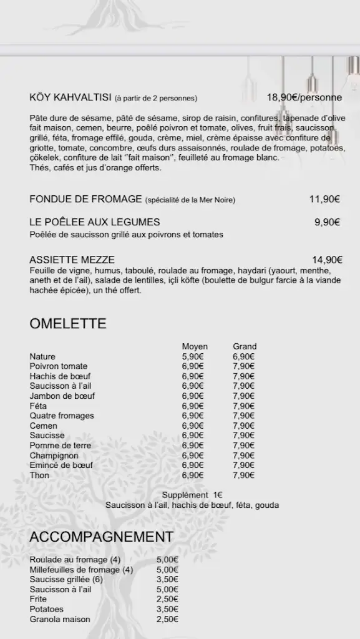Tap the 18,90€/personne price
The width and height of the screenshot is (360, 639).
tap(304, 97)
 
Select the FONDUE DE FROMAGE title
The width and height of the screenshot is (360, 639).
tap(86, 199)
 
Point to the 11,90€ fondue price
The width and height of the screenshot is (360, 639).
tap(324, 199)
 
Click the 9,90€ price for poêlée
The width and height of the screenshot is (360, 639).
tap(327, 222)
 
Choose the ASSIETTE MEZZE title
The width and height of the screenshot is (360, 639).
tap(72, 260)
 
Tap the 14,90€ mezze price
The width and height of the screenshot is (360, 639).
tap(327, 260)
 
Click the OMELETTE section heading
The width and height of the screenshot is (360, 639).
tap(68, 324)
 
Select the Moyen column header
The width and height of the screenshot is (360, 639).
tap(195, 346)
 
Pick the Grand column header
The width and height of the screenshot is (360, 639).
tap(245, 346)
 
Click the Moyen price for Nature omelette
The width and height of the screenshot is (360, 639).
tap(193, 356)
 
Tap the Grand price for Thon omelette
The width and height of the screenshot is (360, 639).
tap(243, 476)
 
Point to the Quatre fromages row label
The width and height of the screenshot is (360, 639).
tap(62, 416)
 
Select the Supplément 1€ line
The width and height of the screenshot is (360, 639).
tap(192, 495)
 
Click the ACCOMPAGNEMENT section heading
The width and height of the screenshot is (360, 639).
tap(101, 537)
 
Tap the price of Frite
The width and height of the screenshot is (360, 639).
tap(167, 599)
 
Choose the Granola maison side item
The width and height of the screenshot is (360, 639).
tap(60, 619)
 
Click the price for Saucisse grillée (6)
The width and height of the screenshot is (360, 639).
tap(167, 579)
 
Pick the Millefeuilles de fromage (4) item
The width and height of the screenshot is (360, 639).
tap(81, 570)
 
